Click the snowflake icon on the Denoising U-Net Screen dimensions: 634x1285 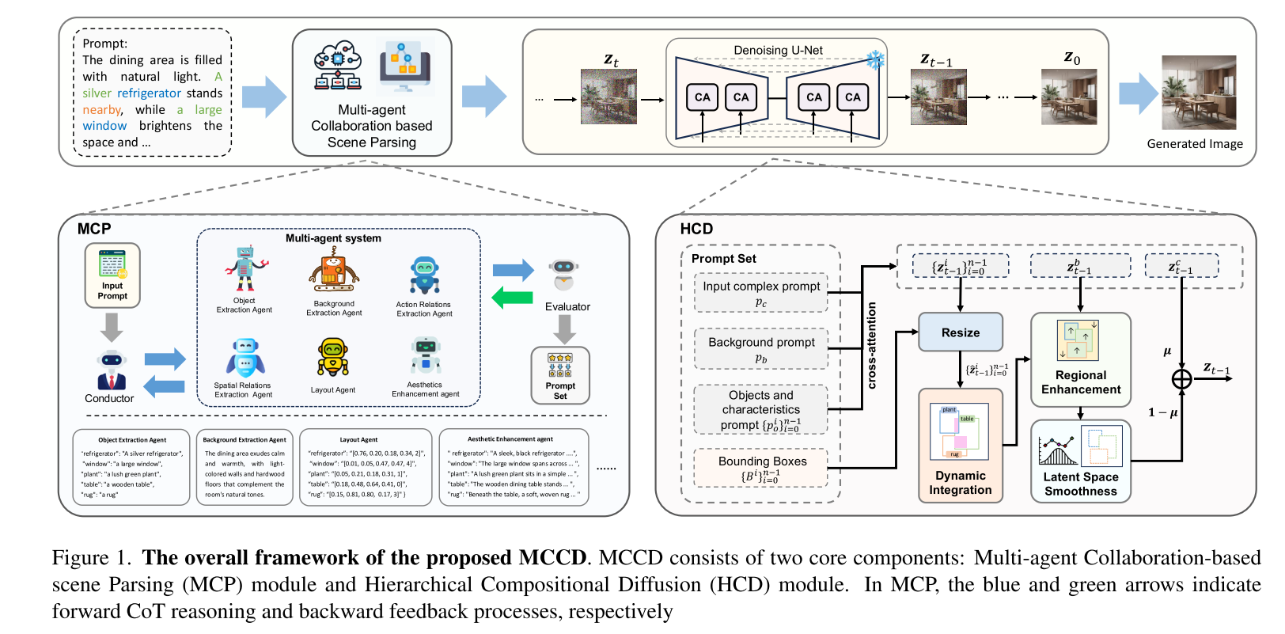874,59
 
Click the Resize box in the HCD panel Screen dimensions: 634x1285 960,332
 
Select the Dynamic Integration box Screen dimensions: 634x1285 960,446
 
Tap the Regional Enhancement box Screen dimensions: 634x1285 1080,359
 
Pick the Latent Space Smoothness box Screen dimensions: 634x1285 1080,461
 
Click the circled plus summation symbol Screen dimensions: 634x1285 1181,379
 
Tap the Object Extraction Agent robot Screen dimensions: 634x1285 245,270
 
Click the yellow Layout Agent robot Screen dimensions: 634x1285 333,359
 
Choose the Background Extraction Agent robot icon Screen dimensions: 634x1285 334,271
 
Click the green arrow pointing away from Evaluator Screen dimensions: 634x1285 512,298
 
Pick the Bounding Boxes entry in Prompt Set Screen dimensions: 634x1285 761,468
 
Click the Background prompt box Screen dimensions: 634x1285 761,349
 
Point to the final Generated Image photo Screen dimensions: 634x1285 1198,93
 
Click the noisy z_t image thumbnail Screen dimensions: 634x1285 608,97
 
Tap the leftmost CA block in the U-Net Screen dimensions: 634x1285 702,97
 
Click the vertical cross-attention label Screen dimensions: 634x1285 872,345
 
